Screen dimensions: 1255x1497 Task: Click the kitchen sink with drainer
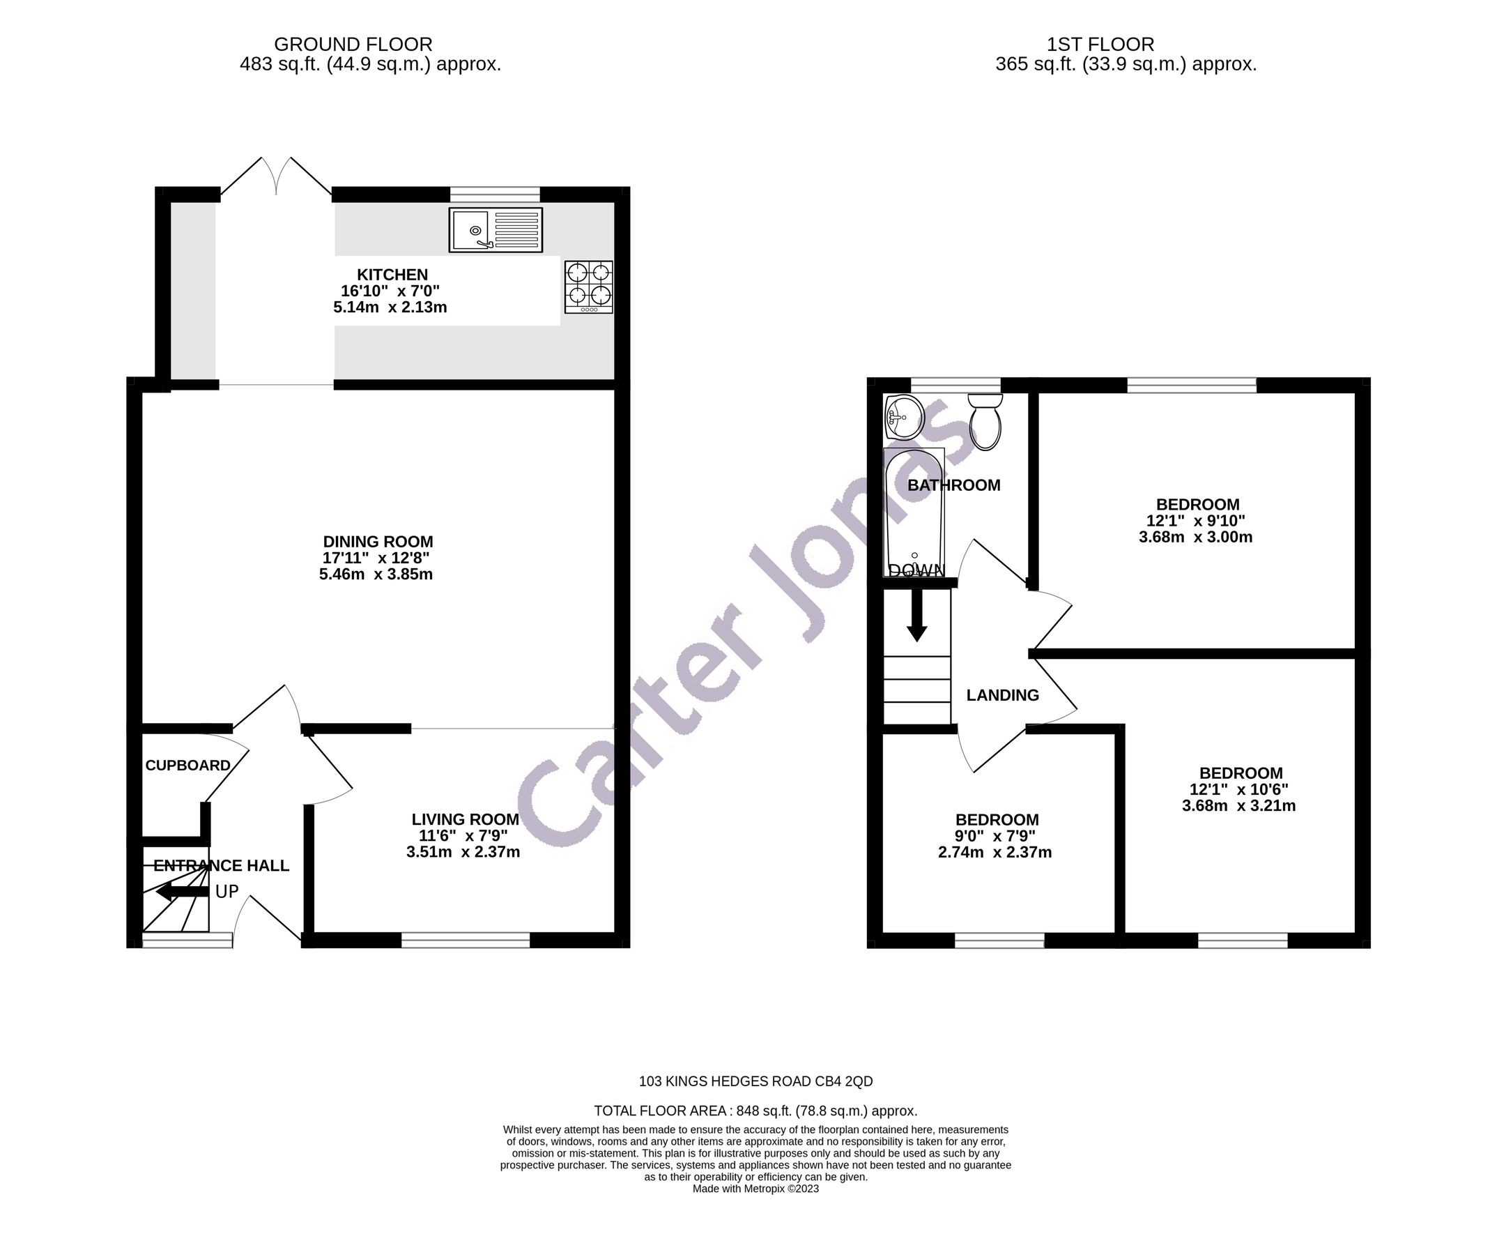[496, 229]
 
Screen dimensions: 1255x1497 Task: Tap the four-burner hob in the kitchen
[588, 287]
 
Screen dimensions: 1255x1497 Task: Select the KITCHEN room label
[392, 275]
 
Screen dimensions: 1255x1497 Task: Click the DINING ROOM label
[378, 542]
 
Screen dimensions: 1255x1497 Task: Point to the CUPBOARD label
[187, 765]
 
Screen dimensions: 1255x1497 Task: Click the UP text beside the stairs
[227, 891]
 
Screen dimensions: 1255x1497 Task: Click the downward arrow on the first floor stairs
[916, 616]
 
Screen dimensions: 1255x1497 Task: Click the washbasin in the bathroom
[904, 417]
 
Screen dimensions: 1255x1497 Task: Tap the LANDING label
[1002, 695]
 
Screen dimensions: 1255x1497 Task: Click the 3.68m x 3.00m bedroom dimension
[1195, 538]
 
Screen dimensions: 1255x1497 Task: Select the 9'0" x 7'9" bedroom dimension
[995, 836]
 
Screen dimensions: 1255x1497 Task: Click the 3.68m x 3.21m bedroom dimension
[1239, 806]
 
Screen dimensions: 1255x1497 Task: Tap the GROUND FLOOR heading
[353, 44]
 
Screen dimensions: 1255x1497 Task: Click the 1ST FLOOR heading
[1100, 44]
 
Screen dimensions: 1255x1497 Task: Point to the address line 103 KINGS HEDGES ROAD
[755, 1081]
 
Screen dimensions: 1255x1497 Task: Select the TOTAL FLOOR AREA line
[755, 1110]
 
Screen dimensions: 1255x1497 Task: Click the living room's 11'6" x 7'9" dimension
[463, 836]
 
